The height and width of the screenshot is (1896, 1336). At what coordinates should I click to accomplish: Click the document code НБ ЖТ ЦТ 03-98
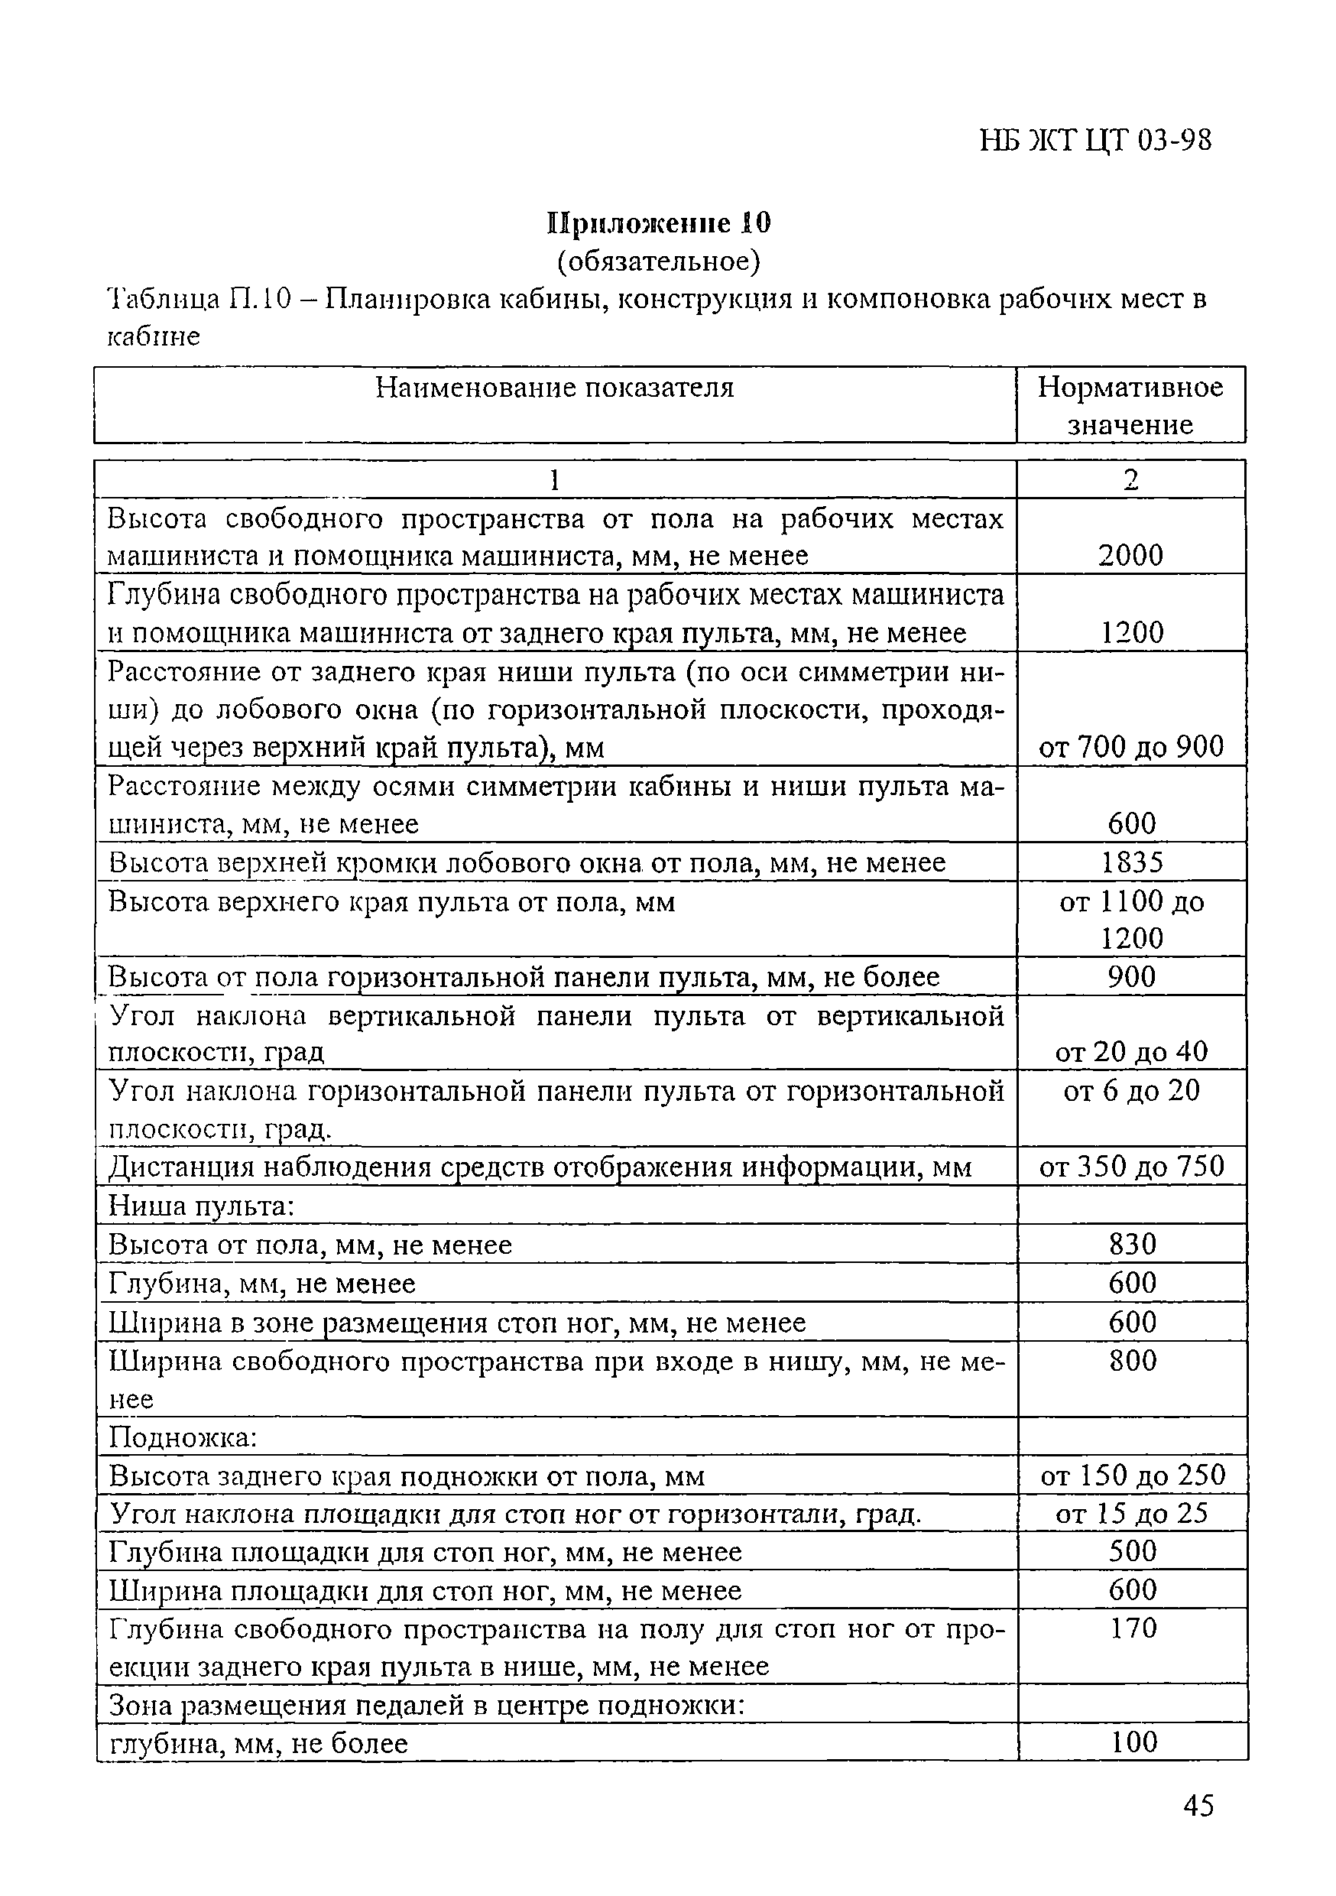tap(1095, 141)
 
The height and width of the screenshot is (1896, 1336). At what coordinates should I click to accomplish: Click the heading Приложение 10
tap(658, 223)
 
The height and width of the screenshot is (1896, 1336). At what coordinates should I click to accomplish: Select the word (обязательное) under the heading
tap(658, 261)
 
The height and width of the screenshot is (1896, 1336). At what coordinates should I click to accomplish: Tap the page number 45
tap(1198, 1806)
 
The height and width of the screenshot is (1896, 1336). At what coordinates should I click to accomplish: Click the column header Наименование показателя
tap(554, 388)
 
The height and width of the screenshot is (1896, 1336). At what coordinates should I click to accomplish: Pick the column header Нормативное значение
tap(1130, 404)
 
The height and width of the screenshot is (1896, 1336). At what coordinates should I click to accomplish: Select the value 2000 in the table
tap(1130, 555)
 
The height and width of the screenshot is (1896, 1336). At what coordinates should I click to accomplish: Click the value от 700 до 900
tap(1130, 746)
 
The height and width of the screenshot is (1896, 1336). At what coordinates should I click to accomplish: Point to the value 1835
tap(1131, 862)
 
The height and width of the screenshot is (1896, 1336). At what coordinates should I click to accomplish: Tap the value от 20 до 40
tap(1130, 1051)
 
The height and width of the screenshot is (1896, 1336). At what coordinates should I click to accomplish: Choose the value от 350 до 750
tap(1130, 1166)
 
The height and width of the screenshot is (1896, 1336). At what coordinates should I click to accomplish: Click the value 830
tap(1132, 1244)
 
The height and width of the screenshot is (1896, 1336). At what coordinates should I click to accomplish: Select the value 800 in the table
tap(1132, 1360)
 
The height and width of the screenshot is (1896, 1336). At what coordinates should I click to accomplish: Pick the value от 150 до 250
tap(1132, 1475)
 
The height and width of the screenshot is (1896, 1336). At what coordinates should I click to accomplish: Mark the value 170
tap(1133, 1628)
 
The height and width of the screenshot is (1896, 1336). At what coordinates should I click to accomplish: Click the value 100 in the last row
tap(1133, 1742)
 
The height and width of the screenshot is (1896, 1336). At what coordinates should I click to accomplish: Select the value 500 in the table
tap(1132, 1551)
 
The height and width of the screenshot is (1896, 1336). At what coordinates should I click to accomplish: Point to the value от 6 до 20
tap(1130, 1090)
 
